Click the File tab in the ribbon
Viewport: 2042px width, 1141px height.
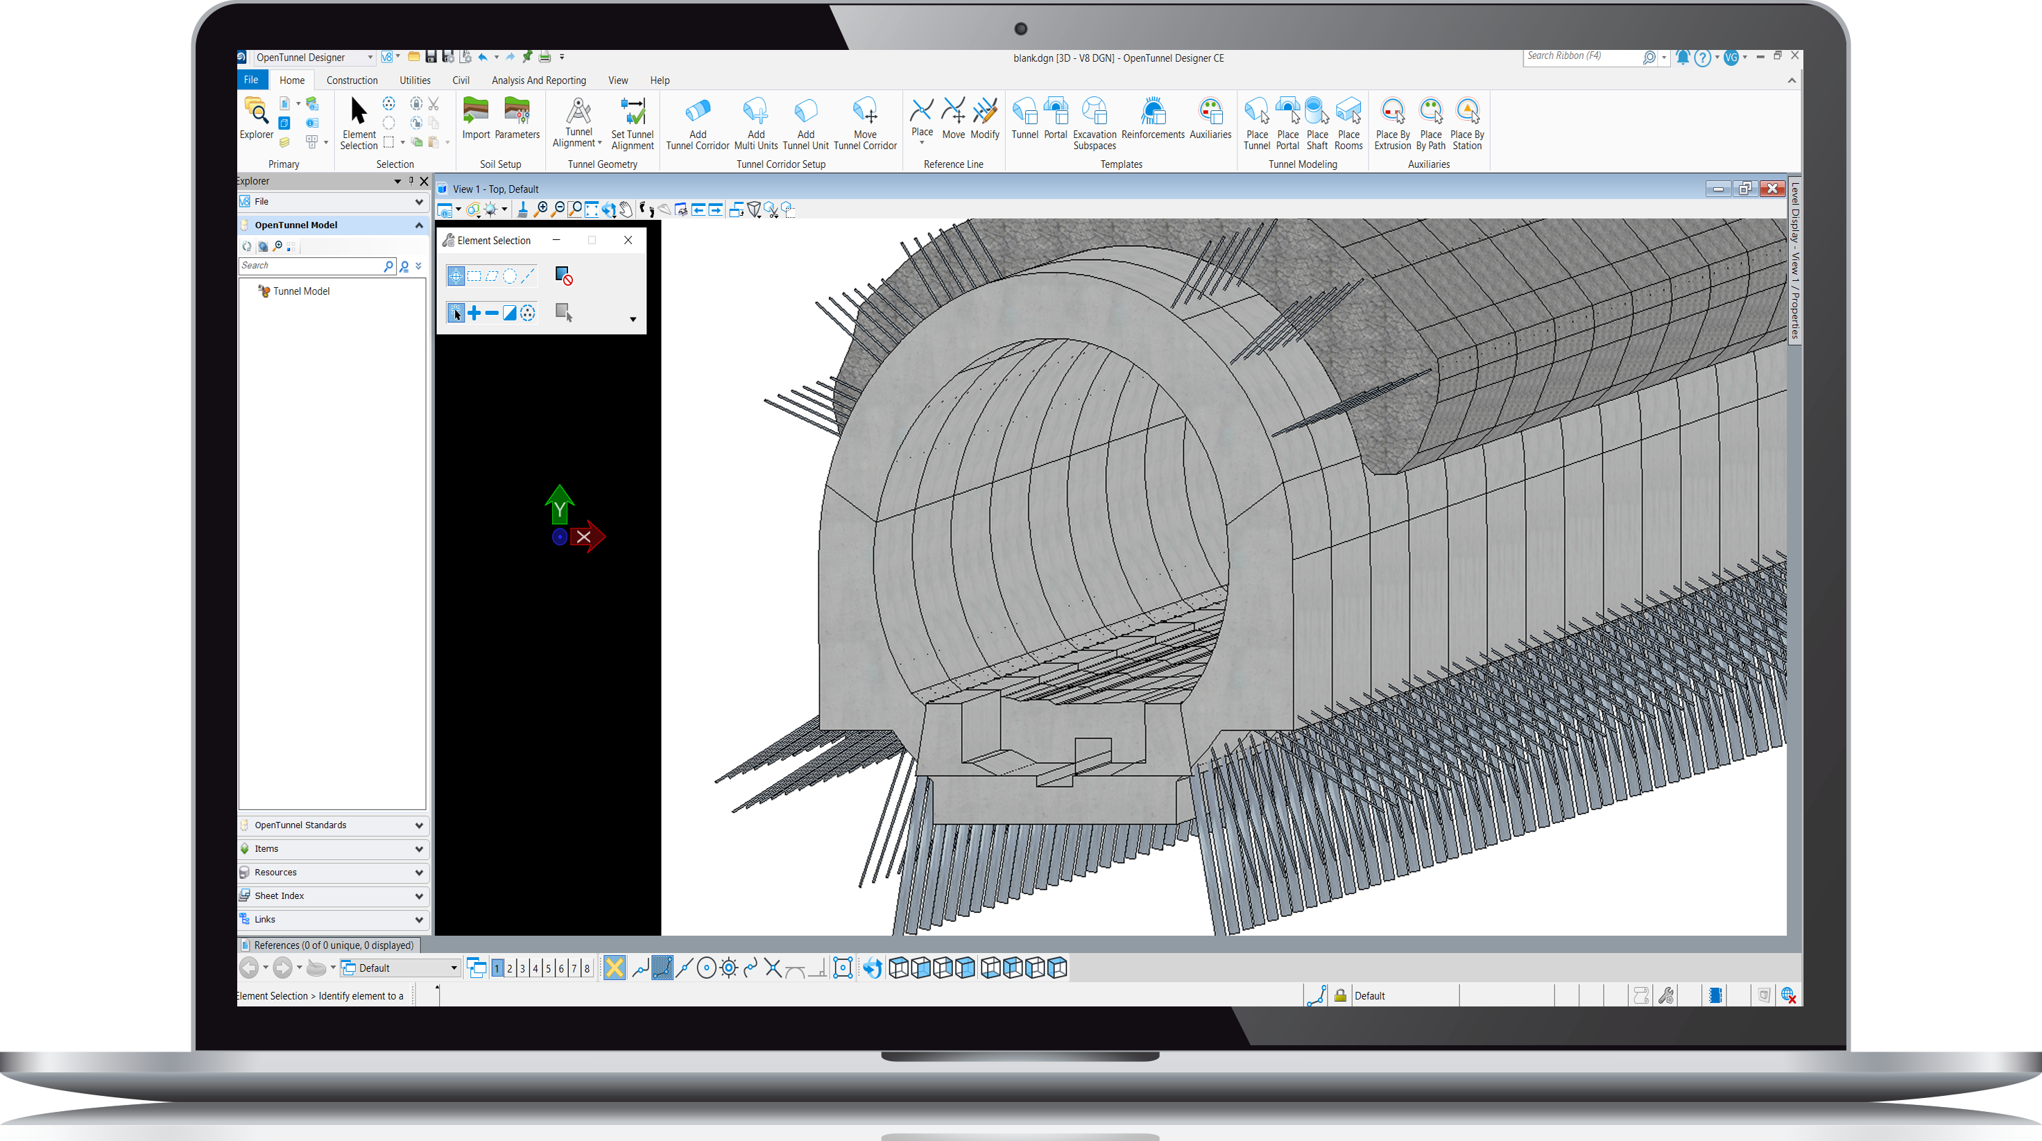(250, 80)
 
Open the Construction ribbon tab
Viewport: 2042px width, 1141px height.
(352, 80)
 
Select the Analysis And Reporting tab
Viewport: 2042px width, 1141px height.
(538, 80)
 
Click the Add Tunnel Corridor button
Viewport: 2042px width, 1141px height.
(697, 123)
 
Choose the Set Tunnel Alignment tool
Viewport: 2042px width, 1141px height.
(632, 123)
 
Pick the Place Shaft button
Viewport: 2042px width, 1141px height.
(1316, 123)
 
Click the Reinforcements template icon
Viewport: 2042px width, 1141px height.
(1153, 118)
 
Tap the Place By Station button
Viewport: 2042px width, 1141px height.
(1466, 123)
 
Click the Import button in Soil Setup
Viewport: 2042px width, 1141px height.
(476, 118)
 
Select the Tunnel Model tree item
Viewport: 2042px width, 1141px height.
(301, 291)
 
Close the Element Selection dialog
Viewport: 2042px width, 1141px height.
(628, 240)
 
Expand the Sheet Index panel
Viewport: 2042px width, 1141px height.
(334, 896)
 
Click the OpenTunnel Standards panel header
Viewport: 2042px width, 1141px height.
(334, 825)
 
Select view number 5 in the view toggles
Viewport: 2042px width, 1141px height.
(548, 968)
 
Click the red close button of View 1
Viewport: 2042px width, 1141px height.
(1771, 189)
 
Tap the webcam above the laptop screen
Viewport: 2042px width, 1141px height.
(1021, 28)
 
